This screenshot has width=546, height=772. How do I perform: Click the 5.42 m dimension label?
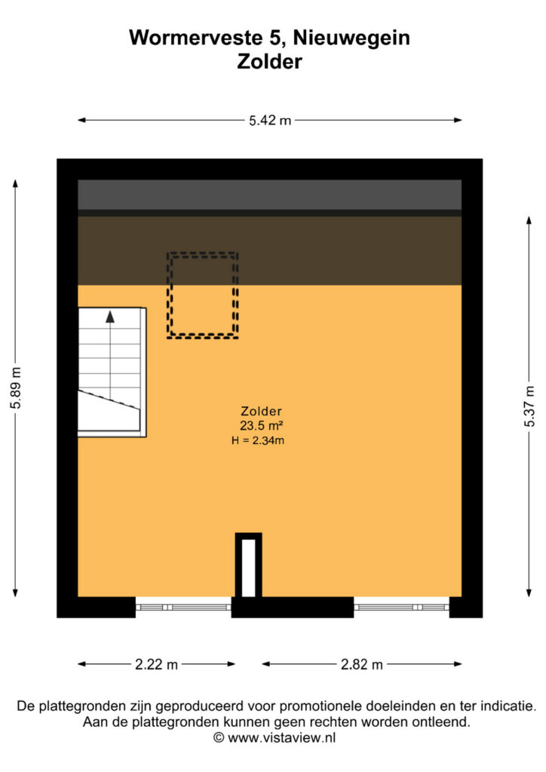(x=270, y=120)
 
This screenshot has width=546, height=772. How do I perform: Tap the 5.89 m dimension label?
(x=16, y=388)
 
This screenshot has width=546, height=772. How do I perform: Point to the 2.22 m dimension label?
(x=156, y=664)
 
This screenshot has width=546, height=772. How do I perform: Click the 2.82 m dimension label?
(x=361, y=664)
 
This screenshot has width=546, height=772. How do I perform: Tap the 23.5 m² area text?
(x=261, y=425)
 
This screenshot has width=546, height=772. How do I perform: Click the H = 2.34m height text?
(x=258, y=440)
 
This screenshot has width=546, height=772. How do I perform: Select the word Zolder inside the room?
(x=261, y=411)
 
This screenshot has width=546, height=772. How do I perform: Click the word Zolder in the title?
(x=269, y=62)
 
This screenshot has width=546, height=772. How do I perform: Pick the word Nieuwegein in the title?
(x=351, y=38)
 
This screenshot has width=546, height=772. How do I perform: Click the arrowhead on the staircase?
(x=110, y=317)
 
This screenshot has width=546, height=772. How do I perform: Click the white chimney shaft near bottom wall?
(x=249, y=568)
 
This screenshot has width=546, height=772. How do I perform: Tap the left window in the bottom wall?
(x=183, y=607)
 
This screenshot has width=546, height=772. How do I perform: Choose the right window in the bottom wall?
(x=402, y=607)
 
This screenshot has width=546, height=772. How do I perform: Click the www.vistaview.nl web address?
(x=281, y=737)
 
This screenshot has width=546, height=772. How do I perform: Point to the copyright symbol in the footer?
(x=219, y=737)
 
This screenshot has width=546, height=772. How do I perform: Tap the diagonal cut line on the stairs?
(x=109, y=399)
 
